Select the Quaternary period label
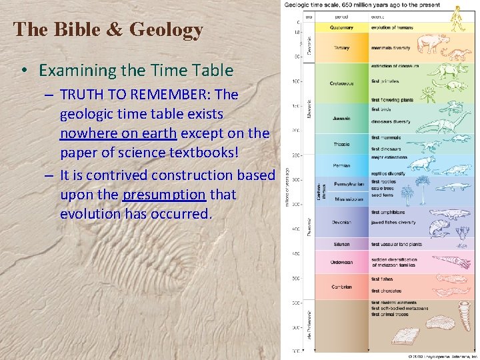tap(341, 28)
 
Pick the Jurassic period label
tap(341, 119)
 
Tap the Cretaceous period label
tap(341, 83)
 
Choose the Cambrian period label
tap(341, 287)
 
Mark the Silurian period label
tap(341, 244)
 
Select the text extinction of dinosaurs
tap(395, 66)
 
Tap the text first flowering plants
tap(392, 100)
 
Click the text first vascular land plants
tap(397, 244)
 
